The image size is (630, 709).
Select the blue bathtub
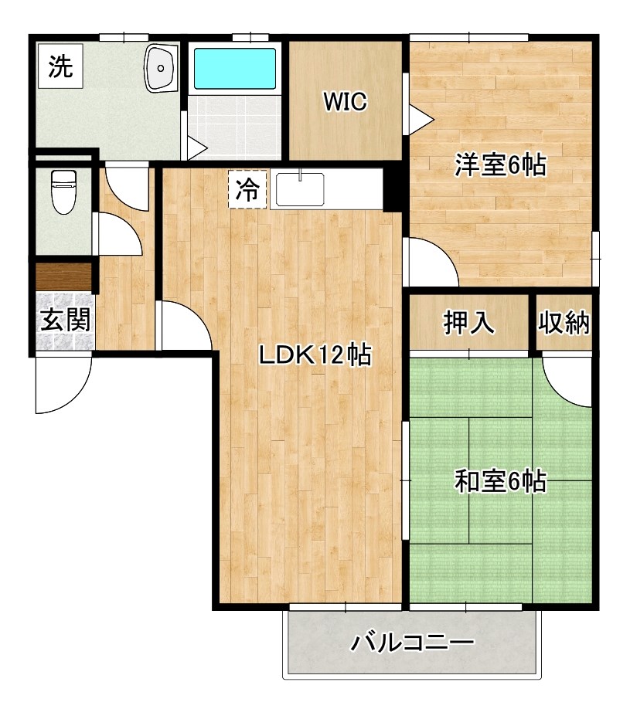[234, 69]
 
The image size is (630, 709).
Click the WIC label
[345, 102]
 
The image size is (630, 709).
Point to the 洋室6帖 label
[501, 165]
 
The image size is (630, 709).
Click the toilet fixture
[61, 192]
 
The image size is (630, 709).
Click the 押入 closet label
[468, 322]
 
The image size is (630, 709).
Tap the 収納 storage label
[565, 322]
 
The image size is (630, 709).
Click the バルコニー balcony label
[412, 641]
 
